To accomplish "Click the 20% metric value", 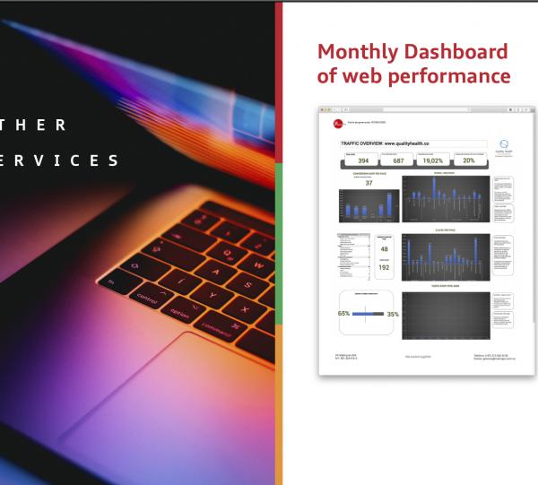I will tap(469, 161).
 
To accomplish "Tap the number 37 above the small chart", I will tap(369, 183).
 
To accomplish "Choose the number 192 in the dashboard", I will tap(385, 267).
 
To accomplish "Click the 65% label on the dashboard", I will tap(343, 314).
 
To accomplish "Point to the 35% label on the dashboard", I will tap(392, 314).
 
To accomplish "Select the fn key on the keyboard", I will tap(111, 282).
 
